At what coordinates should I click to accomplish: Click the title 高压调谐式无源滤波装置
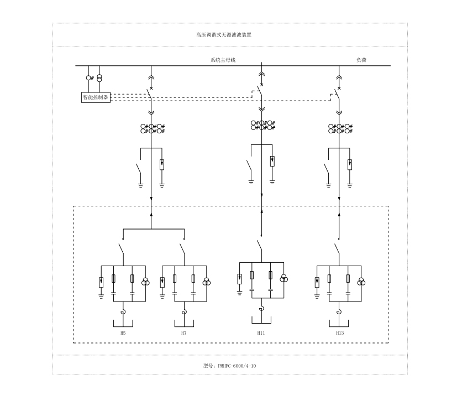pos(224,34)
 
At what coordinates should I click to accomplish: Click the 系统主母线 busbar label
pos(223,60)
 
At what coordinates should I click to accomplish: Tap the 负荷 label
pos(362,60)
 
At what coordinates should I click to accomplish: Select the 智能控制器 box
pos(95,97)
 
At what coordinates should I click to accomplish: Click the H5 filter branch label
pos(123,333)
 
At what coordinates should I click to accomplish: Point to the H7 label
pos(183,333)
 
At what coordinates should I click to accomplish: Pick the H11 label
pos(261,333)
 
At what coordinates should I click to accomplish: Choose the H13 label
pos(339,333)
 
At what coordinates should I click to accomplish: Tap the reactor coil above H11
pos(261,309)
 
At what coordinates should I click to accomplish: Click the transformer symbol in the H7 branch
pos(206,282)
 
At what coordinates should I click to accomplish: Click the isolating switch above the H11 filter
pos(259,247)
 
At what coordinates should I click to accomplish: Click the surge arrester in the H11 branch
pos(240,278)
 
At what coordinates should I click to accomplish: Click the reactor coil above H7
pos(184,313)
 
